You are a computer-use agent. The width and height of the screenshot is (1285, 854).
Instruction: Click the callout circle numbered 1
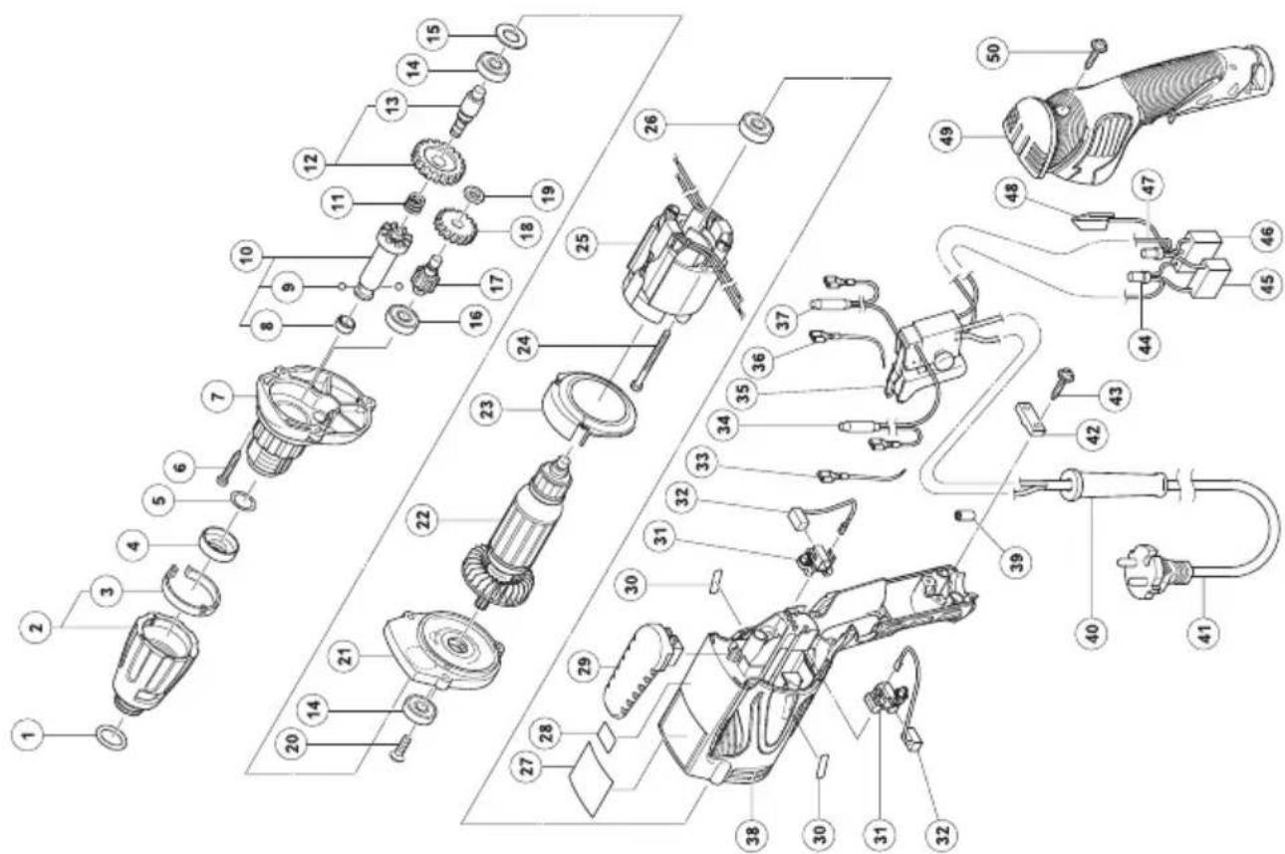coord(33,734)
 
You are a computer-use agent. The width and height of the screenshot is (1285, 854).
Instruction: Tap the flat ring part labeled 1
coord(112,737)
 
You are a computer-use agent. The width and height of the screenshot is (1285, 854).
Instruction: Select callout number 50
coord(995,52)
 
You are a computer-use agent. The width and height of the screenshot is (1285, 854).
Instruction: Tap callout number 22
coord(423,520)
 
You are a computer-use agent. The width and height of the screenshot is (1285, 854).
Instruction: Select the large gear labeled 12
coord(439,160)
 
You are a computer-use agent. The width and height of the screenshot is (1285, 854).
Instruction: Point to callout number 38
coord(753,830)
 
